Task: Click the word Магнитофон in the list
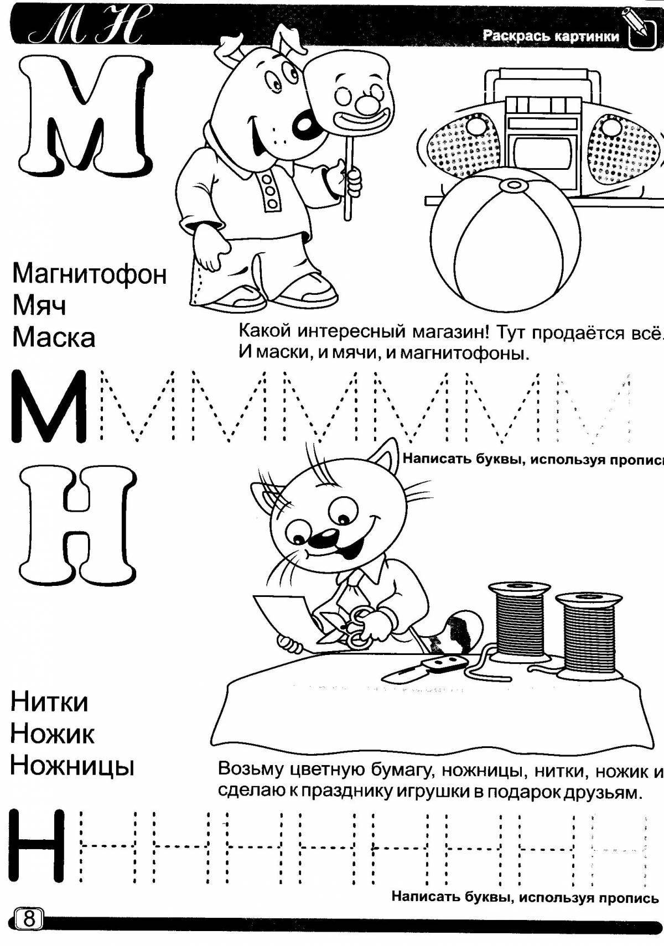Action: pyautogui.click(x=89, y=274)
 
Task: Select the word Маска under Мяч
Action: pyautogui.click(x=53, y=337)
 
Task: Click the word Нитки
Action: pyautogui.click(x=49, y=703)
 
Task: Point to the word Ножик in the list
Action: pyautogui.click(x=53, y=734)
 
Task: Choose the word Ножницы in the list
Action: pyautogui.click(x=72, y=766)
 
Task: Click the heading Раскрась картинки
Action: pyautogui.click(x=551, y=37)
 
